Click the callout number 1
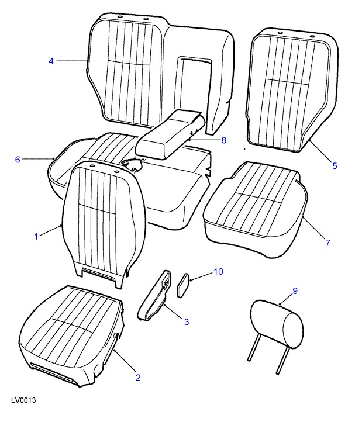pos(36,237)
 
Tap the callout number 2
pos(138,378)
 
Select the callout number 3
pos(187,321)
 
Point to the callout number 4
pos(51,61)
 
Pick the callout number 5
pos(335,166)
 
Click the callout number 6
pos(18,160)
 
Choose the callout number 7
pos(328,243)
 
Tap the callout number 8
pos(224,140)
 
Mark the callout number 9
pos(295,291)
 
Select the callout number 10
pos(219,272)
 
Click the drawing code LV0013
pos(23,400)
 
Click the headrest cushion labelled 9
pos(277,324)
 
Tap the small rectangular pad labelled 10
pos(184,285)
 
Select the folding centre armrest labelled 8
pos(170,133)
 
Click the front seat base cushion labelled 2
pos(74,337)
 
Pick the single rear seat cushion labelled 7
pos(256,209)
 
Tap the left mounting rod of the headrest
pos(254,348)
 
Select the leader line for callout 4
pos(73,61)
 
